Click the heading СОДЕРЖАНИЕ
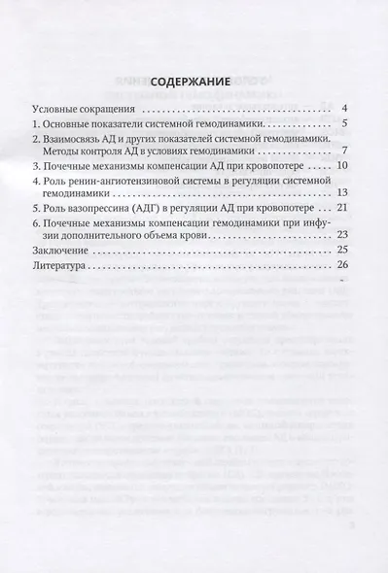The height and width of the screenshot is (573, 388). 194,84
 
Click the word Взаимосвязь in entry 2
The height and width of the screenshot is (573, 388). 79,141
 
